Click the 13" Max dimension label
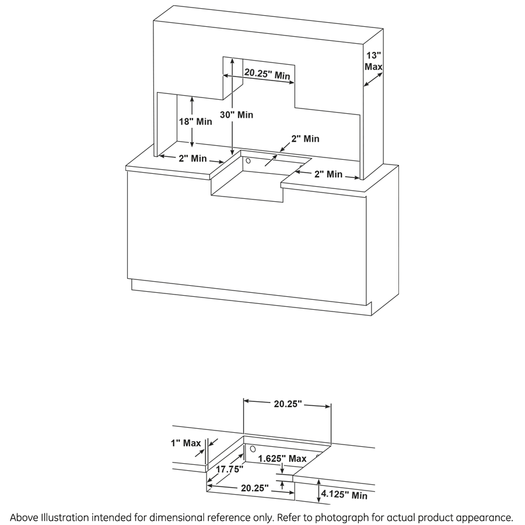tap(373, 61)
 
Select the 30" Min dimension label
tap(237, 115)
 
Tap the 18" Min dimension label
tap(195, 122)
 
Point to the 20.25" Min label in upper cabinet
tap(267, 74)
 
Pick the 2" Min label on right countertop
tap(328, 174)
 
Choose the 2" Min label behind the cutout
tap(305, 139)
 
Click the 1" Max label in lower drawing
tap(185, 443)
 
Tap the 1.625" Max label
tap(282, 459)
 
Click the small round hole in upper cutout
tap(247, 160)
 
